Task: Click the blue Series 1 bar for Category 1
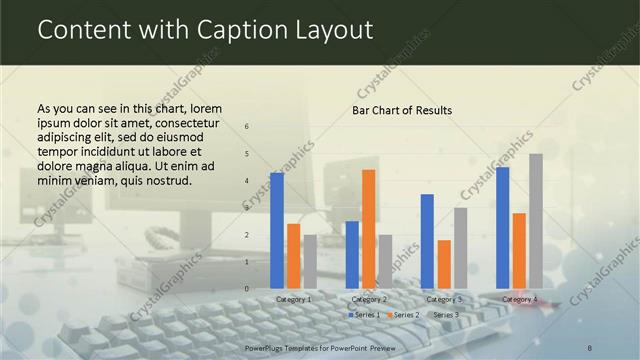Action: click(x=277, y=231)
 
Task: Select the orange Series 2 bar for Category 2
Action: click(x=368, y=229)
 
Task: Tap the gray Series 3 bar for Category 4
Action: click(x=536, y=221)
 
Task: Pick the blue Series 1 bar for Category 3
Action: click(x=427, y=241)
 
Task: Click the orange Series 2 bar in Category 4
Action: click(x=519, y=251)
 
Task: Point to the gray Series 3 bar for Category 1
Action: click(x=310, y=262)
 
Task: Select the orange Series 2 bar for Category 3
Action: click(x=444, y=264)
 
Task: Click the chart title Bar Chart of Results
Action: click(x=402, y=110)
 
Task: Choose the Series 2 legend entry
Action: click(x=403, y=315)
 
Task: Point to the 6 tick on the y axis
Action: click(x=247, y=127)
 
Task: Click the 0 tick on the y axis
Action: click(x=247, y=289)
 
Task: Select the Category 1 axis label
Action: click(x=293, y=299)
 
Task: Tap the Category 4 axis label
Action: click(x=519, y=299)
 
